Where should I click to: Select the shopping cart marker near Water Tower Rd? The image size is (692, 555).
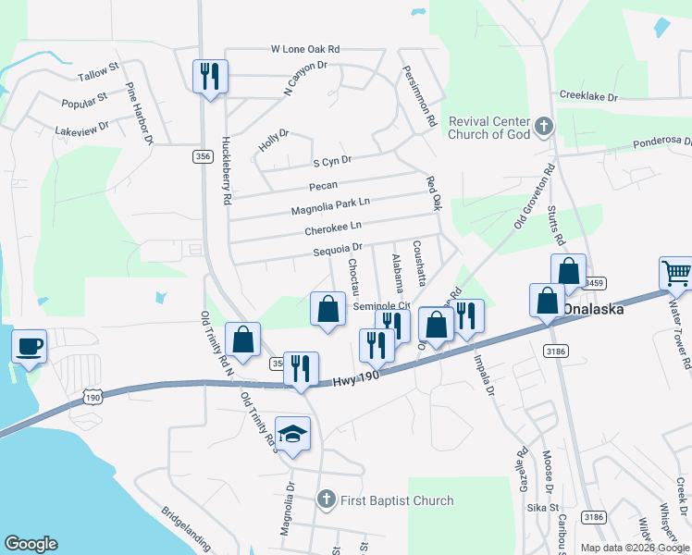pyautogui.click(x=676, y=275)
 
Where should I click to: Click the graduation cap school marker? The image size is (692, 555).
pyautogui.click(x=292, y=435)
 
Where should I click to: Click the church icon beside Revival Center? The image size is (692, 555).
pyautogui.click(x=544, y=125)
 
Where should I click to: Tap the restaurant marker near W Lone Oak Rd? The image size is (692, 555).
pyautogui.click(x=209, y=78)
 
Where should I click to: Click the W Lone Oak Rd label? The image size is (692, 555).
pyautogui.click(x=305, y=48)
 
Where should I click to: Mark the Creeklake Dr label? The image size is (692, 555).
pyautogui.click(x=594, y=95)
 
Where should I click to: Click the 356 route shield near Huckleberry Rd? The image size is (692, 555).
pyautogui.click(x=204, y=157)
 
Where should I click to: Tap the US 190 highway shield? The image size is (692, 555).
pyautogui.click(x=92, y=397)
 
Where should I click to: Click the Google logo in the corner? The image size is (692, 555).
pyautogui.click(x=31, y=544)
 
